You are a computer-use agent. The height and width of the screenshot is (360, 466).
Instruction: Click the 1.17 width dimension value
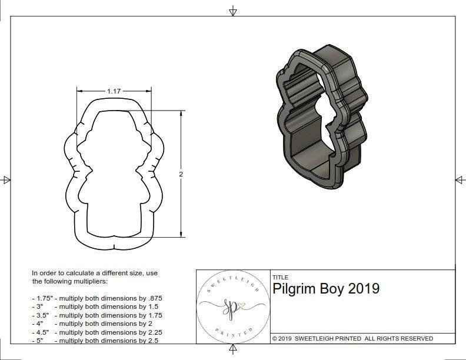pyautogui.click(x=114, y=91)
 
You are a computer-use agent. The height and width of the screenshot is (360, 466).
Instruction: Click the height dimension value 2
pyautogui.click(x=181, y=174)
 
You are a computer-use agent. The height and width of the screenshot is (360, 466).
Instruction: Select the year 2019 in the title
pyautogui.click(x=364, y=289)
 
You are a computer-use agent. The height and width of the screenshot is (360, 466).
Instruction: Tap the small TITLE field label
pyautogui.click(x=280, y=277)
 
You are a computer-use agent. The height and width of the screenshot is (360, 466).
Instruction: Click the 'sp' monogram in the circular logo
pyautogui.click(x=231, y=307)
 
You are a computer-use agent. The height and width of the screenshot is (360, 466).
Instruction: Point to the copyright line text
pyautogui.click(x=352, y=338)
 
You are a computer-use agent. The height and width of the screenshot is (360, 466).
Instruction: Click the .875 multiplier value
pyautogui.click(x=155, y=298)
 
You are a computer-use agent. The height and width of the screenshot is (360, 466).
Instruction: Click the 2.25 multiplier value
pyautogui.click(x=155, y=332)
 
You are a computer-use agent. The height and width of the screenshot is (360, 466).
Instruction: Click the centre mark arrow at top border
pyautogui.click(x=233, y=10)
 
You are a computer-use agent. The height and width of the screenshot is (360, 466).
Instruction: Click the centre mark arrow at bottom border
pyautogui.click(x=233, y=351)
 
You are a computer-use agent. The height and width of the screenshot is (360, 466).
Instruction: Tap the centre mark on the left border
pyautogui.click(x=6, y=180)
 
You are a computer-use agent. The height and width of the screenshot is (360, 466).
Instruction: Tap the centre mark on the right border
pyautogui.click(x=460, y=180)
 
